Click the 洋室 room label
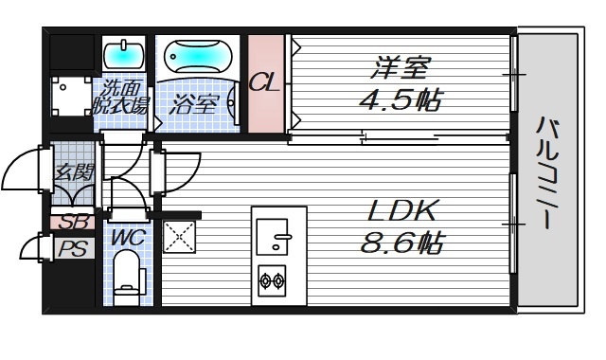tap(402, 68)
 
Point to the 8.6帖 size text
tap(402, 243)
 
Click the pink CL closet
tap(265, 84)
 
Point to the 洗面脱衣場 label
tap(121, 99)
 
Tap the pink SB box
tap(70, 224)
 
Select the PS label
tap(70, 249)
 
